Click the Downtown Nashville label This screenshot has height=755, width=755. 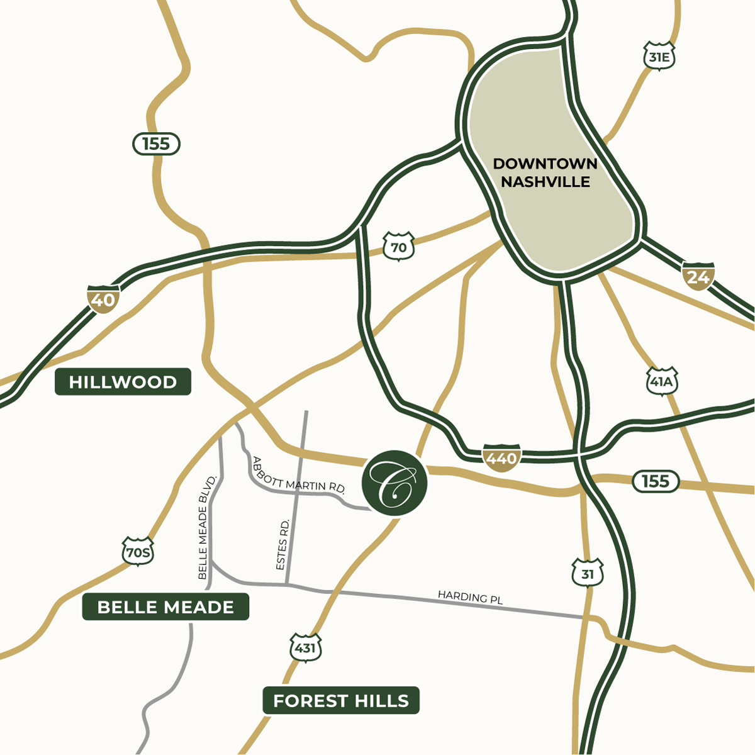pos(545,173)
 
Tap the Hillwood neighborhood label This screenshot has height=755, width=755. pos(123,382)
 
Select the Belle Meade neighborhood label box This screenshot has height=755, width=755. pos(165,607)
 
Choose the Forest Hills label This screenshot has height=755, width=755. pos(341,700)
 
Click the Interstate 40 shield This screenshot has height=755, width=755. pos(103,299)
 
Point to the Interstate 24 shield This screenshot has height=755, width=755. pos(698,276)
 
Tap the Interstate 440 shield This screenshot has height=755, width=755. pos(501,457)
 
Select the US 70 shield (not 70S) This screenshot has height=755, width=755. pos(399,247)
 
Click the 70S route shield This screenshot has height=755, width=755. pos(138,552)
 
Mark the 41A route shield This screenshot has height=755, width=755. pos(662,381)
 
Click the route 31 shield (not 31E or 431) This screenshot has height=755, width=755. pos(588,573)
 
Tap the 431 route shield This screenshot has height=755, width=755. pos(306,647)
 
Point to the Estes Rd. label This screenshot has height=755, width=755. pos(283,545)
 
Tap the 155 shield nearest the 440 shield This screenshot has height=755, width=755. pos(656,481)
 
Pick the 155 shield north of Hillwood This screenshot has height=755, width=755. pos(156,144)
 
